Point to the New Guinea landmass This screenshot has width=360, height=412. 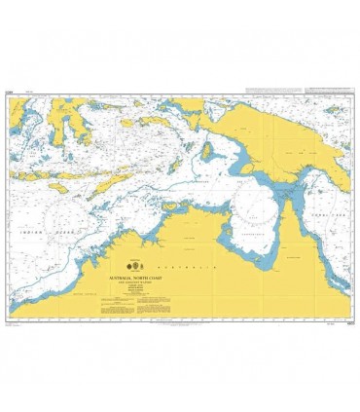(x=282, y=136)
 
